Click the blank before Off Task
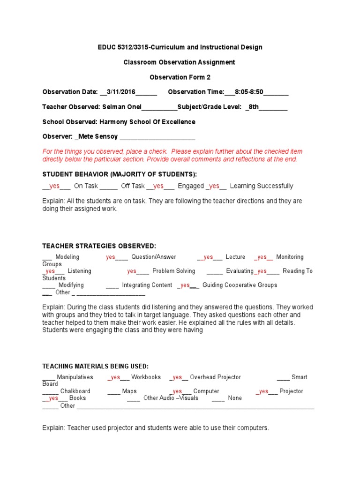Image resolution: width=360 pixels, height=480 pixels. (x=108, y=186)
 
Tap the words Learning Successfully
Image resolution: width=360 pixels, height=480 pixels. (x=262, y=186)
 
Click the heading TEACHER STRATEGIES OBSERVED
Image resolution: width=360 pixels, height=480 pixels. (x=99, y=246)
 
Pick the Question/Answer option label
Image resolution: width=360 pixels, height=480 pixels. (x=154, y=257)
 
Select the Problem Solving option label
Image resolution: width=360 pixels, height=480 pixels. (x=173, y=271)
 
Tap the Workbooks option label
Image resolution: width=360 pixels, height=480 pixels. (x=146, y=377)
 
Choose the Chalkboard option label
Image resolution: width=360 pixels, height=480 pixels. (x=75, y=391)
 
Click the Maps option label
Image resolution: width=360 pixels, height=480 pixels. (x=129, y=391)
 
